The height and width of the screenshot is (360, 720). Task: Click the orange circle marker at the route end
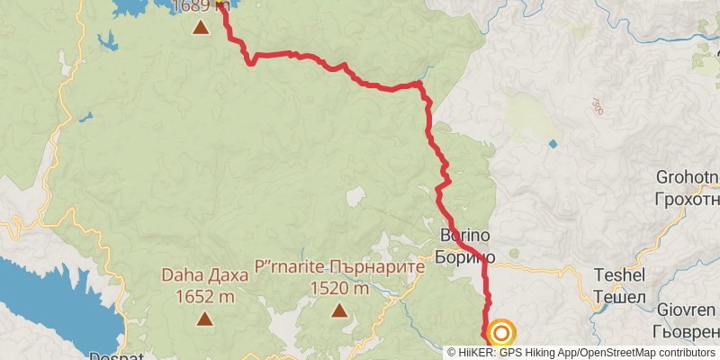[500, 334]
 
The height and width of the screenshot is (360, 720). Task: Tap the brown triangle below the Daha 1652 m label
[205, 318]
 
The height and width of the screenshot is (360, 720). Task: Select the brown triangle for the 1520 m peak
[339, 310]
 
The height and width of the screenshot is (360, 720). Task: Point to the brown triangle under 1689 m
[201, 27]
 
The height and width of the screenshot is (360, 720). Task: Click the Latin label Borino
[463, 236]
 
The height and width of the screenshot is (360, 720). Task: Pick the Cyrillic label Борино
[464, 256]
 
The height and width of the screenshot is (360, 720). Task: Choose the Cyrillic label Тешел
[620, 296]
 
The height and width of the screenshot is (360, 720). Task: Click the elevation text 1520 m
[339, 289]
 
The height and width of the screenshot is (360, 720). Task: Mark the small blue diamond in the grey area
[552, 143]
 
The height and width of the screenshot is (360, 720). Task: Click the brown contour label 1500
[597, 106]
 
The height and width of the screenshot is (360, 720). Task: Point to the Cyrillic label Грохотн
[689, 199]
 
